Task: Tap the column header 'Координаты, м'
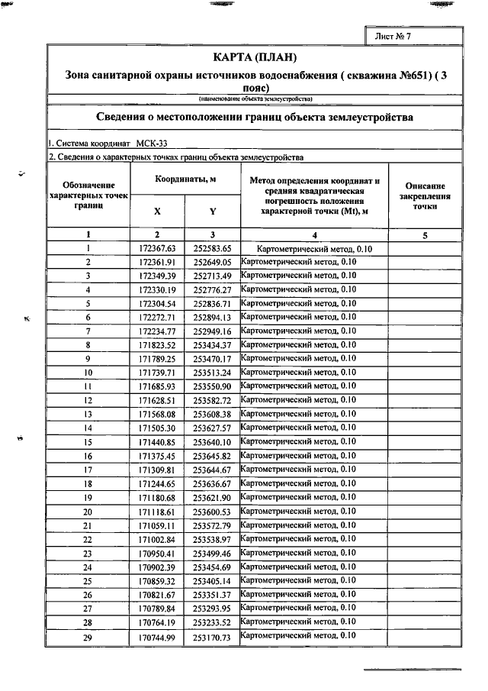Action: [x=185, y=179]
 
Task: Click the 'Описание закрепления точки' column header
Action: [x=425, y=196]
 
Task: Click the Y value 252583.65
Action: [x=213, y=249]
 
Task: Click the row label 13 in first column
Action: [x=88, y=414]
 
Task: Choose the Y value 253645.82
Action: [x=213, y=456]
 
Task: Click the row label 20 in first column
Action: [x=88, y=511]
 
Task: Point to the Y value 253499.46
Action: [x=213, y=553]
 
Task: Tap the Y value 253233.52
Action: [x=213, y=622]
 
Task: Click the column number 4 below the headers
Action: [x=314, y=235]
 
